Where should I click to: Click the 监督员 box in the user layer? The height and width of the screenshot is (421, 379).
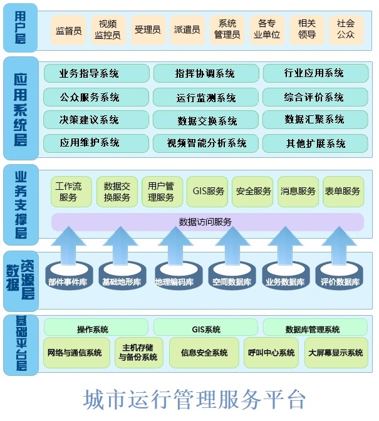pyautogui.click(x=68, y=30)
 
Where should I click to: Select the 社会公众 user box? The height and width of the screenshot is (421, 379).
pyautogui.click(x=346, y=30)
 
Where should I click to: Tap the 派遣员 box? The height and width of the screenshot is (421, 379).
pyautogui.click(x=187, y=30)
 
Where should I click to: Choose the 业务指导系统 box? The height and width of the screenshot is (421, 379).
pyautogui.click(x=96, y=73)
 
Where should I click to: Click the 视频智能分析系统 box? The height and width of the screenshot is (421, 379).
pyautogui.click(x=206, y=143)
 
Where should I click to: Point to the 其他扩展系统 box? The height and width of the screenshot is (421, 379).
pyautogui.click(x=315, y=143)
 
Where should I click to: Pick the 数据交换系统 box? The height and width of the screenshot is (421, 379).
pyautogui.click(x=206, y=120)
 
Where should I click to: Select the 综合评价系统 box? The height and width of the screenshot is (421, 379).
pyautogui.click(x=315, y=97)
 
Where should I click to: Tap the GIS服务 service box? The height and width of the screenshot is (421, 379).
pyautogui.click(x=207, y=192)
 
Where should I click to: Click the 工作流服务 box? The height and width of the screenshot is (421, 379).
pyautogui.click(x=71, y=192)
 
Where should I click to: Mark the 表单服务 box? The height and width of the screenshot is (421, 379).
pyautogui.click(x=343, y=192)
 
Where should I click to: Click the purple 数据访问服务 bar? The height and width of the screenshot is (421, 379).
pyautogui.click(x=207, y=222)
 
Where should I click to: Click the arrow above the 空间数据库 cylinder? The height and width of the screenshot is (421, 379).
pyautogui.click(x=232, y=246)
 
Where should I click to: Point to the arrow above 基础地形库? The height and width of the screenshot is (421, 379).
pyautogui.click(x=121, y=246)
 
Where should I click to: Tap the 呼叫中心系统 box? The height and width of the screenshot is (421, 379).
pyautogui.click(x=271, y=353)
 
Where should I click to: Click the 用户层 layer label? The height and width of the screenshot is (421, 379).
pyautogui.click(x=21, y=28)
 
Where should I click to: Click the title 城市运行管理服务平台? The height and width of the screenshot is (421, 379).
pyautogui.click(x=195, y=400)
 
